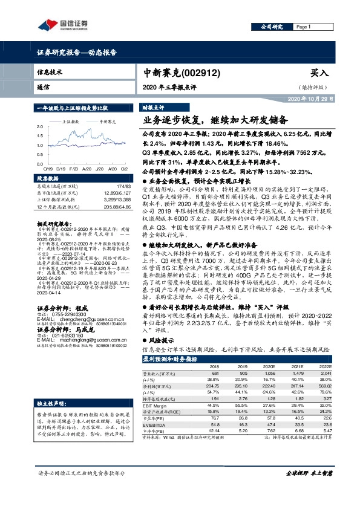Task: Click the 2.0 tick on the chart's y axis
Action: click(39, 126)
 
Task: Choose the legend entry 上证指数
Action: click(71, 122)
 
